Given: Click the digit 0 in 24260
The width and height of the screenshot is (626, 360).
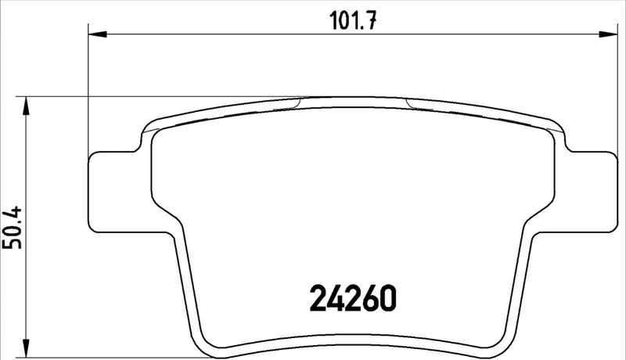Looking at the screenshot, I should click(x=390, y=299).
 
